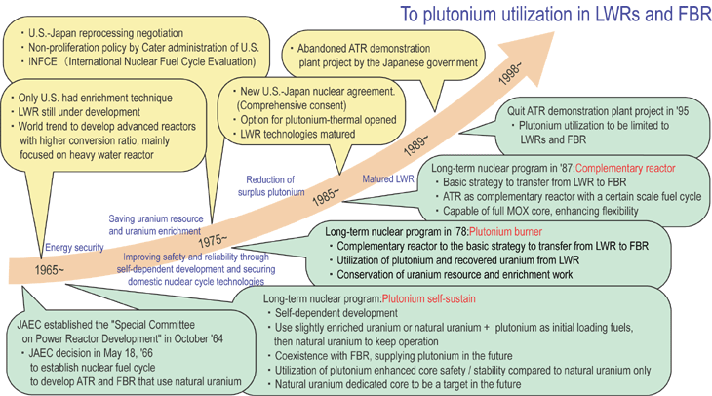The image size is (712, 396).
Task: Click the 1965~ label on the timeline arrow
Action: coord(50,270)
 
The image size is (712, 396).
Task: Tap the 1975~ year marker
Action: coord(213,240)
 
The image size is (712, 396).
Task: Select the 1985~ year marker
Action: coord(326,196)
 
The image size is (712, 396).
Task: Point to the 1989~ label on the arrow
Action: coord(415,145)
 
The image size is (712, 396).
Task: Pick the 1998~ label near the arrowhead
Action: coord(510,73)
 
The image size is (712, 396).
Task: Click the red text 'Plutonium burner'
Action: coord(505,232)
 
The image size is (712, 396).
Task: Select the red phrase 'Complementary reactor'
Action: coord(625,168)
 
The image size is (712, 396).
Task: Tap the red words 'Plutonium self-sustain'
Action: coord(428,298)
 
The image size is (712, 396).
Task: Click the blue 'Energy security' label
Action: coord(74,248)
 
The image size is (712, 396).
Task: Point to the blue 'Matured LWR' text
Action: coord(388,178)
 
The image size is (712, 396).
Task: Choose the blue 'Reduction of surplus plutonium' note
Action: coord(271,186)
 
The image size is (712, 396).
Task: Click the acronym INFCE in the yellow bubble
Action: coord(43,61)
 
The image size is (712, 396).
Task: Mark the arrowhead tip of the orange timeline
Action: coord(554,32)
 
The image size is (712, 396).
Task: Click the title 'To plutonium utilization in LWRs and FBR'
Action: coord(556,14)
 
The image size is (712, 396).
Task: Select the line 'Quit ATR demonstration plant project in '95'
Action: coord(598,111)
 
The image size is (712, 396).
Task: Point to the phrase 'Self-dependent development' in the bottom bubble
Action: coord(336,313)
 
